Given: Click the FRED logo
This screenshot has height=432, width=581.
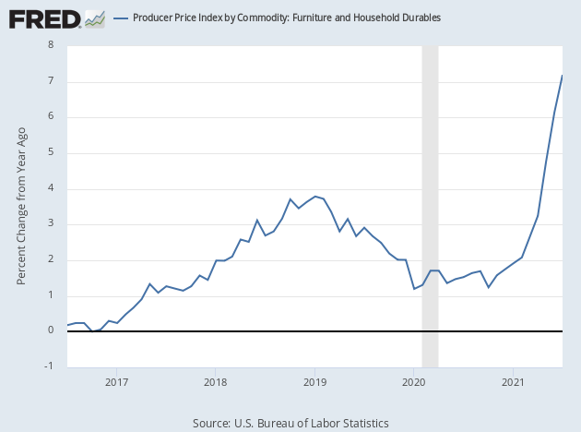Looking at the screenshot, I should [44, 18].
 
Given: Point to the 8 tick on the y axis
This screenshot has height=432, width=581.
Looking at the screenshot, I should [51, 45].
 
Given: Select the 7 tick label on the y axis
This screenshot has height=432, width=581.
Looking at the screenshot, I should [51, 81].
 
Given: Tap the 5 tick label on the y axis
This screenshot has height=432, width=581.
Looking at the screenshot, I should [51, 152].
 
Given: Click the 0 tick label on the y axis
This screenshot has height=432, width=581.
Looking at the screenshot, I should [51, 330].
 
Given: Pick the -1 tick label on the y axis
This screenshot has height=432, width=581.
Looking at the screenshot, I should [49, 366].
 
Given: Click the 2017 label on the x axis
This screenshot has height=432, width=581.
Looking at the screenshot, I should [116, 381].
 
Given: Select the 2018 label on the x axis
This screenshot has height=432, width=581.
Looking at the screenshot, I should [215, 381].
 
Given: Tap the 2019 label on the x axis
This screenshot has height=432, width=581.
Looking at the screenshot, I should [314, 381].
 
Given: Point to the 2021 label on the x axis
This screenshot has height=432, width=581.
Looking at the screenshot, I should [513, 381].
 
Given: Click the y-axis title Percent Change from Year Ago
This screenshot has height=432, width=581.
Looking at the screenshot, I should [21, 205].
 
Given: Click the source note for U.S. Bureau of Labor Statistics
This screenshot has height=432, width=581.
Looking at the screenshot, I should [290, 423].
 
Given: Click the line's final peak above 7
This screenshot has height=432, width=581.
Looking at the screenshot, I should [563, 76].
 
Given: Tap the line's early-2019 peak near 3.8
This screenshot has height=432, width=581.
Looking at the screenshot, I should [315, 196].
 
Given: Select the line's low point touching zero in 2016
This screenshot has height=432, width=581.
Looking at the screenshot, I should [92, 330].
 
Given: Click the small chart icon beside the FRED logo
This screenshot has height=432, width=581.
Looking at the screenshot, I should [94, 18].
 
